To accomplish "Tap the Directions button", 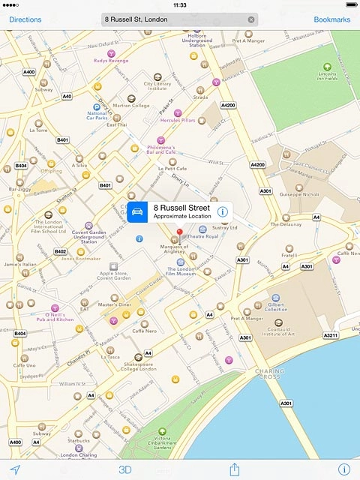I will [x=25, y=19].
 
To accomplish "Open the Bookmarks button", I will [x=331, y=19].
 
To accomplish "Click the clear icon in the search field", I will [x=251, y=19].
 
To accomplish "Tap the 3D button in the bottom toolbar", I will [x=124, y=469].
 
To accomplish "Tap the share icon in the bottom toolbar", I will [x=234, y=469].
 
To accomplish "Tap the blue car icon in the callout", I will [x=138, y=212].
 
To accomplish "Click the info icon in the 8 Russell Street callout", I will [x=222, y=212].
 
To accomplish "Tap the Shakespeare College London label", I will [x=137, y=367].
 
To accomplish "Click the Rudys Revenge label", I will [x=111, y=60].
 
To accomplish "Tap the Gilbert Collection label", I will [x=276, y=307].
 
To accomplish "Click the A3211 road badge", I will [x=331, y=335].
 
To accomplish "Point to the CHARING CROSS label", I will [x=270, y=372].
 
